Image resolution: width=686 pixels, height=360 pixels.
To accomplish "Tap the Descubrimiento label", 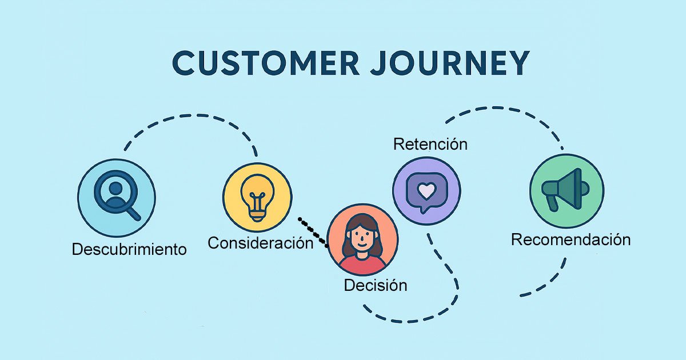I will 129,250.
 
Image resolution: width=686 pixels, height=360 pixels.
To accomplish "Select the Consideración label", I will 260,243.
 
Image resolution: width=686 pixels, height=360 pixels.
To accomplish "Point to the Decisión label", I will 376,285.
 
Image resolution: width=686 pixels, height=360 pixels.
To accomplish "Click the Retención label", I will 430,144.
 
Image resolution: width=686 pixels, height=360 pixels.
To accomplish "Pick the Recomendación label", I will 571,239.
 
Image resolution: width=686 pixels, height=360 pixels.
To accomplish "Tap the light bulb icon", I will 257,197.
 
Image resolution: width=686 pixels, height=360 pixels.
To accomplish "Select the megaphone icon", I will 565,190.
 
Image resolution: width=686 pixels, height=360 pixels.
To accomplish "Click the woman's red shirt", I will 362,266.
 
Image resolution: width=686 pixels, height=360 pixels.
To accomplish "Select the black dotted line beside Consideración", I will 313,231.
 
